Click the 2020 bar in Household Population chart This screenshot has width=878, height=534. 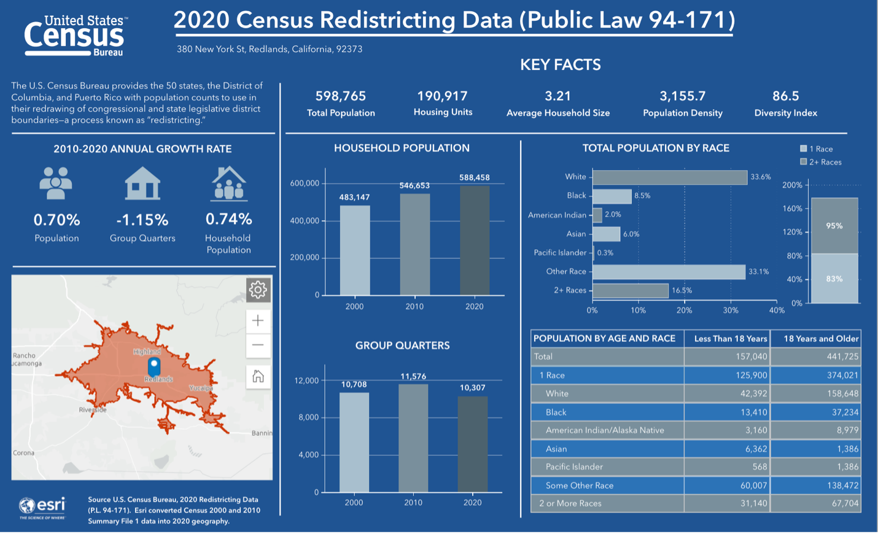475,240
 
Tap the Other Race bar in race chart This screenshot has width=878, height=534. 669,272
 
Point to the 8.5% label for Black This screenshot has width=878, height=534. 642,196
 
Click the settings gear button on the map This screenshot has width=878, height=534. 258,290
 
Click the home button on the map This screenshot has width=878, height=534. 258,376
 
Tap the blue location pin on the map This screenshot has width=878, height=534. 154,366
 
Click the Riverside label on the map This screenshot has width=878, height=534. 93,409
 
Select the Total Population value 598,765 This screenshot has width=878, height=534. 341,96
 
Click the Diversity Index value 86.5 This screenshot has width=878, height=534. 785,96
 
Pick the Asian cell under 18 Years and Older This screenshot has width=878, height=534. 847,449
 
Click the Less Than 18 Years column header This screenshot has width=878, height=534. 730,338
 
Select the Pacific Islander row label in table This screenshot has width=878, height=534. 574,466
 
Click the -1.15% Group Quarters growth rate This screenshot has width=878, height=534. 142,220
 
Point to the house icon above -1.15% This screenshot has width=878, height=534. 142,183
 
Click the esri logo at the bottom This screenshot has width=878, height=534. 42,506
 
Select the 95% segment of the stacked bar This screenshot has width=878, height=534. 834,226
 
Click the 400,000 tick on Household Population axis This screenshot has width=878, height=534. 305,220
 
